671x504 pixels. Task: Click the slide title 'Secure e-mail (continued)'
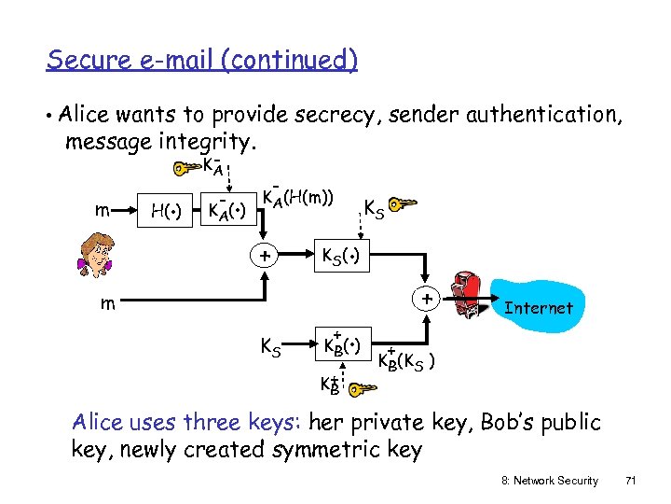click(201, 61)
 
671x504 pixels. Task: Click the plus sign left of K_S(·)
click(266, 254)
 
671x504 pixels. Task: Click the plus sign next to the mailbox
click(425, 299)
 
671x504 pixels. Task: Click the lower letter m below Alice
click(109, 304)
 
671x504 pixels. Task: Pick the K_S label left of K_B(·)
click(270, 348)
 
